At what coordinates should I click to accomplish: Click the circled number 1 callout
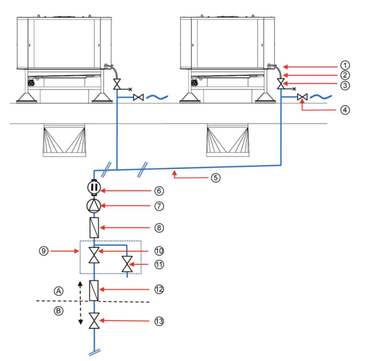tap(345, 65)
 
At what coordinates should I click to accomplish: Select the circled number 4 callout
tap(345, 110)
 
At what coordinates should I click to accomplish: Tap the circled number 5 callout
tap(216, 178)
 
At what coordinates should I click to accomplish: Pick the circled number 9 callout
tap(44, 251)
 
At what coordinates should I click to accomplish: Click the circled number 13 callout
tap(159, 321)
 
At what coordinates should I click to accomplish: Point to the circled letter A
tap(59, 291)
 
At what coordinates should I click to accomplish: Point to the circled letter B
tap(59, 311)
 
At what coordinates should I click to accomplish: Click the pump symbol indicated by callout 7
tap(94, 206)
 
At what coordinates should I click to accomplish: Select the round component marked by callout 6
tap(94, 187)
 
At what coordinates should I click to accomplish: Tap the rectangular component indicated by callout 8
tap(94, 227)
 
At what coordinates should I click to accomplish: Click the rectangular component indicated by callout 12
tap(94, 291)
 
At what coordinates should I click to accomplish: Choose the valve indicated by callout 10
tap(94, 255)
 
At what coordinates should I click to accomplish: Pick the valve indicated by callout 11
tap(127, 264)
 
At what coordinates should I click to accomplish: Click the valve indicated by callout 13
tap(94, 321)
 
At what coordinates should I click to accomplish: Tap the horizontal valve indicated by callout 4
tap(302, 97)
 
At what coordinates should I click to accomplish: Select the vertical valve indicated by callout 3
tap(281, 84)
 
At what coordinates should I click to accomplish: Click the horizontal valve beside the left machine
tap(139, 97)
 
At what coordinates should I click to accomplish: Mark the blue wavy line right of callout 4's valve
tap(321, 97)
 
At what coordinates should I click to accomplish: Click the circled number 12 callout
tap(159, 290)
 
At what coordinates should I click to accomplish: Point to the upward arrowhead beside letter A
tap(80, 284)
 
